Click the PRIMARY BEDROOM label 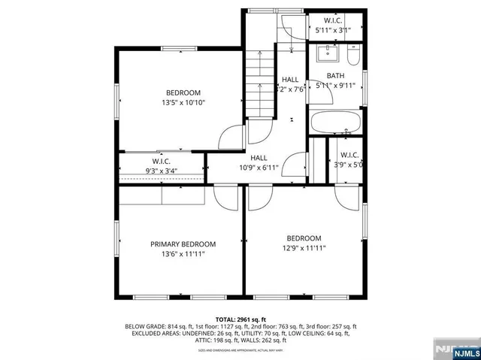pos(183,244)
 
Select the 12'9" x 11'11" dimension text pos(304,248)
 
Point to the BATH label pos(335,76)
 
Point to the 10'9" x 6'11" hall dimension pos(259,168)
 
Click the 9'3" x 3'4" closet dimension pos(162,171)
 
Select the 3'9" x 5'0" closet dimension pos(349,165)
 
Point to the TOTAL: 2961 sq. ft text pos(240,319)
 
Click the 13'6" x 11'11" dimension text pos(183,254)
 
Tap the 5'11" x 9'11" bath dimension pos(335,86)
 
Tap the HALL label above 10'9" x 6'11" pos(259,158)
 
